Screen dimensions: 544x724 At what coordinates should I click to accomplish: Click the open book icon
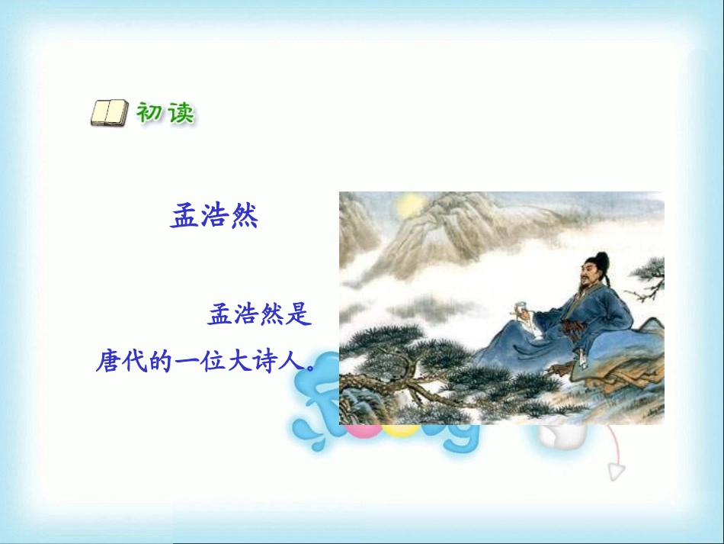[x=109, y=114]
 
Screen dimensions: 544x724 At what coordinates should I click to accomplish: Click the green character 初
[x=149, y=113]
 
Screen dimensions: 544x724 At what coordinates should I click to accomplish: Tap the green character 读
[x=179, y=114]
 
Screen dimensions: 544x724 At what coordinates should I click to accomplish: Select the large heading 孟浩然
[x=214, y=216]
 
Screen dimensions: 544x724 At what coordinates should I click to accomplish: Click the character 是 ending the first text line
[x=300, y=314]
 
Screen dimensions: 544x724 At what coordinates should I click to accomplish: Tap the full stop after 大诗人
[x=310, y=365]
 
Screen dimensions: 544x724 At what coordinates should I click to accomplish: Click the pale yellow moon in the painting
[x=410, y=204]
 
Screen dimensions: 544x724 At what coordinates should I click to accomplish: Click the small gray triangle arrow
[x=616, y=471]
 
